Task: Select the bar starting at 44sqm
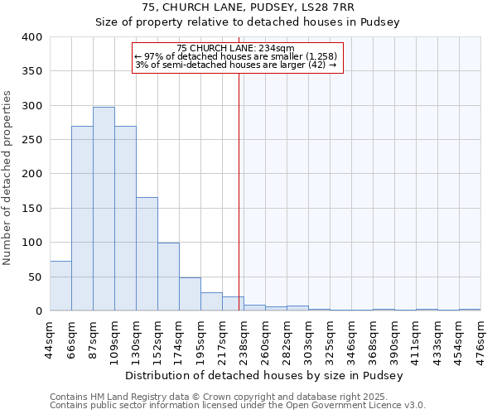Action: [x=60, y=286]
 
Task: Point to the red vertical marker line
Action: [x=239, y=190]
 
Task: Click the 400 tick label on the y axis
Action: [x=31, y=37]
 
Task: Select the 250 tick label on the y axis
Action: [x=31, y=140]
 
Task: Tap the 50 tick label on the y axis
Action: [x=34, y=277]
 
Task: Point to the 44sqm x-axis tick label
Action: [x=51, y=338]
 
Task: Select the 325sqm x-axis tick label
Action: [x=330, y=338]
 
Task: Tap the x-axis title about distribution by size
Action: [x=265, y=375]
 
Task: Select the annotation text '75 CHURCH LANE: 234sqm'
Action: [x=235, y=49]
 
